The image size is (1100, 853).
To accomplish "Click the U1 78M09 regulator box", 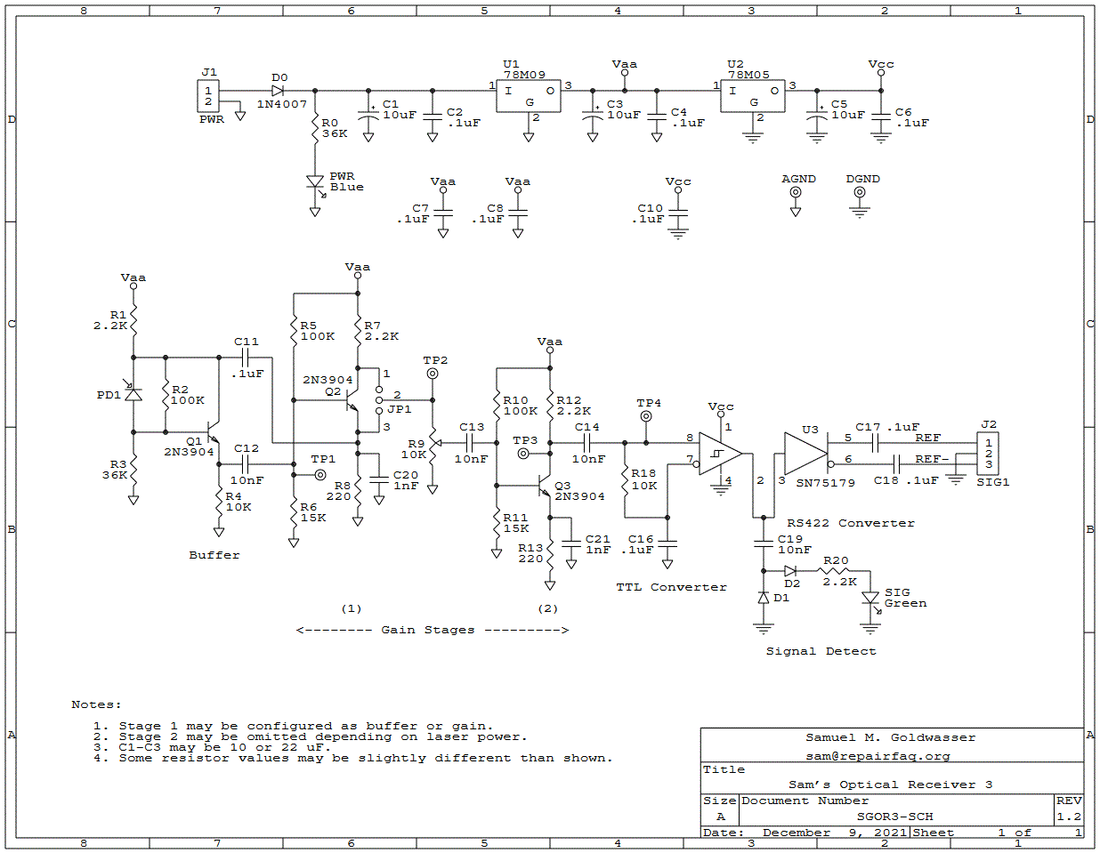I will [529, 98].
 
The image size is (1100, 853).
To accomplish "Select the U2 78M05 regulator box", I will [753, 98].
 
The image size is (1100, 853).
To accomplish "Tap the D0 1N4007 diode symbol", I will [278, 91].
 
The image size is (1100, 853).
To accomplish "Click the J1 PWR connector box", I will [208, 96].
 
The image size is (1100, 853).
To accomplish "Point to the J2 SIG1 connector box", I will [988, 454].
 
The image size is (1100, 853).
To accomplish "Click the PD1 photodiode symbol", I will [133, 393].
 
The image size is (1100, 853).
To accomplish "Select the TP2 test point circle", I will [433, 374].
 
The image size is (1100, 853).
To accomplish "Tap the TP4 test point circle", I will [646, 416].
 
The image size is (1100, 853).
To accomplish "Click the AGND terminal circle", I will [796, 192].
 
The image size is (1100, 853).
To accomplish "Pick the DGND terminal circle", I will [860, 192].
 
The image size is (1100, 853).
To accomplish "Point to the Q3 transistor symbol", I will [544, 487].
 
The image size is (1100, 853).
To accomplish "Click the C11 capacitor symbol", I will [246, 358].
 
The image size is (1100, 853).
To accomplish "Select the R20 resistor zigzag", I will [836, 571].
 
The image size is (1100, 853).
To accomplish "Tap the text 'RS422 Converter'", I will [850, 523].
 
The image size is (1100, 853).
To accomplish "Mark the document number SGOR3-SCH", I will [894, 817].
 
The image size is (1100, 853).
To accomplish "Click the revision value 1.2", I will [1069, 817].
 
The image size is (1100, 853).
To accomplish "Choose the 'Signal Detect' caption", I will [821, 651].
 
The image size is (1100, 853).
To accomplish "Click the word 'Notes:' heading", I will [96, 704].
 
